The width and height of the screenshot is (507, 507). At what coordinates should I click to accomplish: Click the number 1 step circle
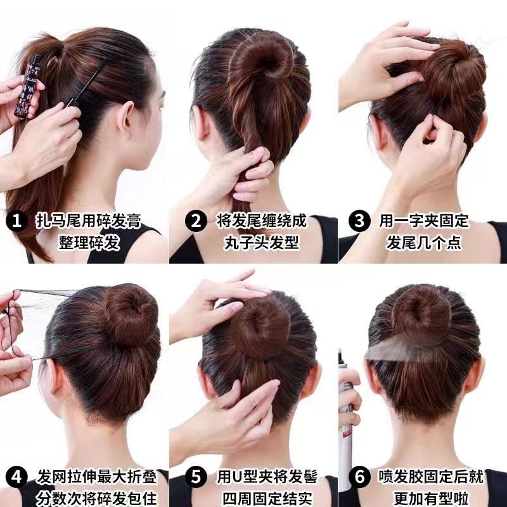pyautogui.click(x=16, y=221)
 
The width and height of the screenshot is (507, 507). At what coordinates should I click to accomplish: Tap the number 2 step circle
pyautogui.click(x=196, y=221)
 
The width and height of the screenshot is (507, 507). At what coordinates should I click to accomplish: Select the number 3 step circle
pyautogui.click(x=360, y=221)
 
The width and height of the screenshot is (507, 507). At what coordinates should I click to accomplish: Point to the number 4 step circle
pyautogui.click(x=16, y=477)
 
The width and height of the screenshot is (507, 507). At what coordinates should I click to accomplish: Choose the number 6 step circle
pyautogui.click(x=361, y=477)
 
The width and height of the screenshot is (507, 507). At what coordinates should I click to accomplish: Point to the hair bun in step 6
pyautogui.click(x=422, y=314)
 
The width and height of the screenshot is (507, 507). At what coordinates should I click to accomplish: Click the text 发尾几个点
pyautogui.click(x=423, y=242)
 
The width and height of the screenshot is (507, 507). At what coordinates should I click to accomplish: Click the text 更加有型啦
pyautogui.click(x=423, y=497)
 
